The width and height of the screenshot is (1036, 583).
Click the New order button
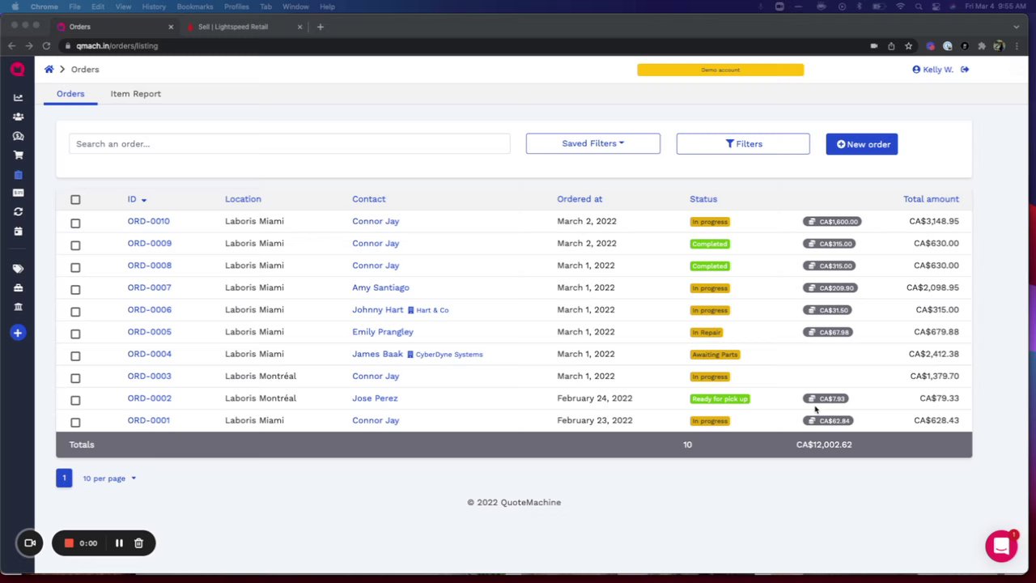(861, 144)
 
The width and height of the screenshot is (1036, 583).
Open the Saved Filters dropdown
(592, 143)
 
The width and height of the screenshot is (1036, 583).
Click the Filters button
(743, 144)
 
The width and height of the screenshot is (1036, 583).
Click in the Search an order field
(289, 144)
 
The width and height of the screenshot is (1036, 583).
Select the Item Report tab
(135, 94)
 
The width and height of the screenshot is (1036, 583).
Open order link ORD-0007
(149, 287)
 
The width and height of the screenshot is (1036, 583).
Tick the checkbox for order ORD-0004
(75, 355)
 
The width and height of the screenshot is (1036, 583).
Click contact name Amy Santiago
(380, 287)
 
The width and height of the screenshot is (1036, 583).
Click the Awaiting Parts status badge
(715, 355)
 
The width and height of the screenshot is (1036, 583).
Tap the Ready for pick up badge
(720, 398)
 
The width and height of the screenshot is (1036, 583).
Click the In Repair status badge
(706, 332)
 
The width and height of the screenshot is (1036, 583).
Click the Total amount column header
(931, 199)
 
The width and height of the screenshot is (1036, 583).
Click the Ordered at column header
(580, 199)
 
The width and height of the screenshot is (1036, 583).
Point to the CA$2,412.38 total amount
(933, 354)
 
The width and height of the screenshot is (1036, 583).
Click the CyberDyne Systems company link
(448, 355)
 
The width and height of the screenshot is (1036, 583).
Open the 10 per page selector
(108, 479)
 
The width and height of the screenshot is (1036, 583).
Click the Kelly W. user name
(937, 70)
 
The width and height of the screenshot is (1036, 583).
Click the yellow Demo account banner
(720, 70)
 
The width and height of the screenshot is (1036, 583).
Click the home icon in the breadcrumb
(49, 70)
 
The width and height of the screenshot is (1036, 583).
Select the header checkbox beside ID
(75, 199)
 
